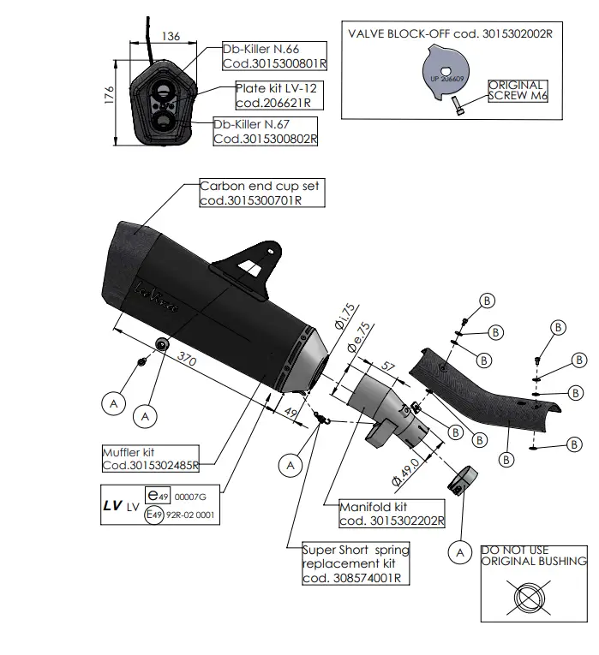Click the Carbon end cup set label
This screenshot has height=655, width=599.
coord(262,193)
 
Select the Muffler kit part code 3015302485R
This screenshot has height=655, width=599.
coord(151,466)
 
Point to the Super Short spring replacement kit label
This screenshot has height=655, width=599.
coord(356,564)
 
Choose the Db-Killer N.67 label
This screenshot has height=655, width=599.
coord(266,130)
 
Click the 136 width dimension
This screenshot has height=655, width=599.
coord(171,36)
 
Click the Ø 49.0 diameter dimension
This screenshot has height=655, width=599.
coord(404,470)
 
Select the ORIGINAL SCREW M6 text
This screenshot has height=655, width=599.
coord(517,91)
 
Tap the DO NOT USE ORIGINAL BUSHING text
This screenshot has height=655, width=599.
coord(533,556)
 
